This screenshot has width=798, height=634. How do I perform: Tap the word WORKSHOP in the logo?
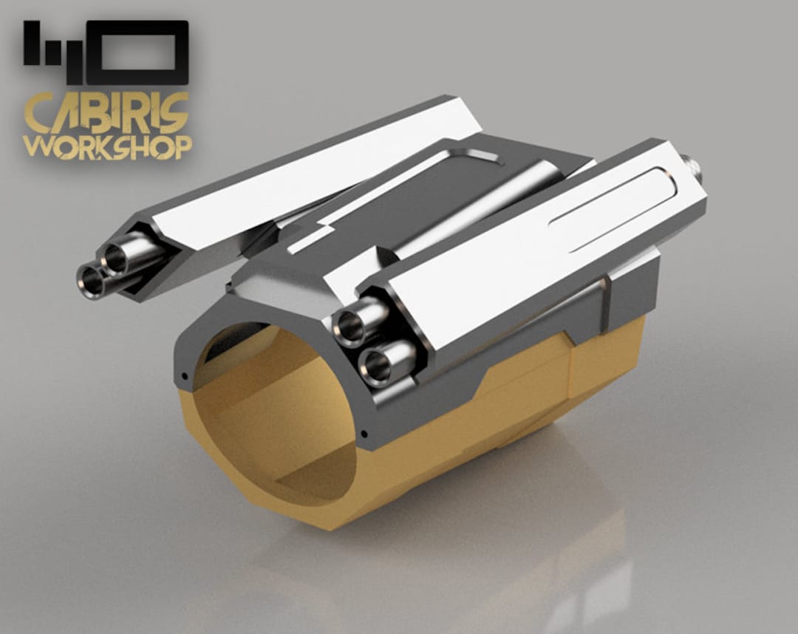[x=107, y=146]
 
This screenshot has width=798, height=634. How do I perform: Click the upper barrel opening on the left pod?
[x=115, y=259]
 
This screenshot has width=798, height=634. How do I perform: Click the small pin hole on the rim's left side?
[x=183, y=377]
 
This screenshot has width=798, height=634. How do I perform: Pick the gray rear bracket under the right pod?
[x=628, y=296]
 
